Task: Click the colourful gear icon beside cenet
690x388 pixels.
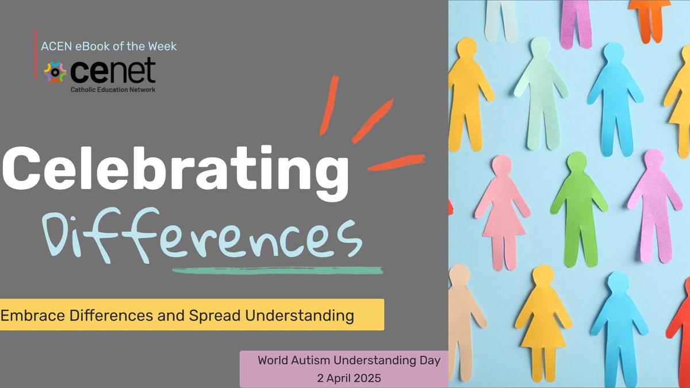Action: (55, 72)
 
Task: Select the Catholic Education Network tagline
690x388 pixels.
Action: (113, 90)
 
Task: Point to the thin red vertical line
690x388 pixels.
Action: (36, 54)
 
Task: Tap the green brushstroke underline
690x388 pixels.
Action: (278, 270)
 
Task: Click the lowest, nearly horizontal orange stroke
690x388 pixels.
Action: (396, 163)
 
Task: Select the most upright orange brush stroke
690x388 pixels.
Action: (329, 105)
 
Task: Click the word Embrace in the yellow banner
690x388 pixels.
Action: (33, 315)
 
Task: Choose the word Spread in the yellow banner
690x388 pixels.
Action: (214, 316)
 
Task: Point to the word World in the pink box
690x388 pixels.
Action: (273, 360)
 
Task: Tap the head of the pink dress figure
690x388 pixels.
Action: (502, 166)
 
